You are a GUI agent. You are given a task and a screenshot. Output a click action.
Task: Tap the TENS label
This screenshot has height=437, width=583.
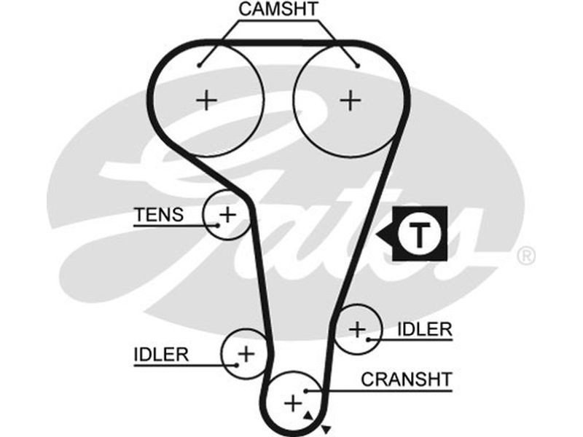pos(158,215)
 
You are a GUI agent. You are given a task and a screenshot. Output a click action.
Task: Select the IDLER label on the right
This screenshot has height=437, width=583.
pos(425,329)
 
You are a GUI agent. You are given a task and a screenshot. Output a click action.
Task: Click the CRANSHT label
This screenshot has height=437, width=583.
pos(407,379)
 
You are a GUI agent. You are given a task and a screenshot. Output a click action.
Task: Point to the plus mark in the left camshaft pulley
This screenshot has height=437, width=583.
pos(208,99)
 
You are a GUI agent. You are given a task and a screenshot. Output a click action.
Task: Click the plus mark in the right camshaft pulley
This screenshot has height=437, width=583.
pos(351,99)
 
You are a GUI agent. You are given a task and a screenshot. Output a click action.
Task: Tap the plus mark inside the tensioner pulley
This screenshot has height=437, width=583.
pos(228,214)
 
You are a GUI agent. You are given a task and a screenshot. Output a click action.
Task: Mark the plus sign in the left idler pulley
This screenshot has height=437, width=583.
pos(246,354)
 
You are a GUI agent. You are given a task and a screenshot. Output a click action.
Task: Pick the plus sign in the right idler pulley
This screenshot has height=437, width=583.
pos(356,329)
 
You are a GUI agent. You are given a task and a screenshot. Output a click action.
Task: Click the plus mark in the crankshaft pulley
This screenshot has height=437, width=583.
pos(291,402)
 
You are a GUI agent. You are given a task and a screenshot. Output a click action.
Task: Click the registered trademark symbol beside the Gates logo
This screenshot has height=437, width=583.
pos(525,256)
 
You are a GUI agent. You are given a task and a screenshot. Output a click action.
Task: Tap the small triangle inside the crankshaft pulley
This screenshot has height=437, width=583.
pos(308,415)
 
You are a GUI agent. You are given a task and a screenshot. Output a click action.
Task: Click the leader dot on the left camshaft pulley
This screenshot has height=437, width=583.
pos(199,66)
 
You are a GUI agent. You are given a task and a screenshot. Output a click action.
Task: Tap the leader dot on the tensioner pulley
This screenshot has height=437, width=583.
pos(216,225)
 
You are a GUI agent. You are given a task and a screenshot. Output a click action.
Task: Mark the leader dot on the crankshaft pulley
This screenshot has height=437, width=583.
pos(307,390)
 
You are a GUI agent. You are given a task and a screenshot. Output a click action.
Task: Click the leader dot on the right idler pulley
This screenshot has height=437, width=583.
pos(369,339)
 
